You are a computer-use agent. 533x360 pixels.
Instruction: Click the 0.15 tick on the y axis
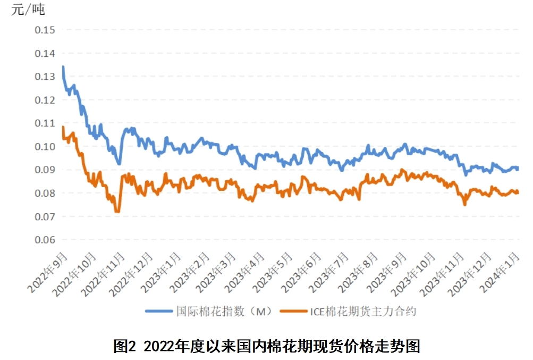click(45, 30)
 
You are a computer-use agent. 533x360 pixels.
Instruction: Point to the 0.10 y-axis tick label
click(45, 146)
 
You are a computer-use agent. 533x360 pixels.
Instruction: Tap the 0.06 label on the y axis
click(45, 240)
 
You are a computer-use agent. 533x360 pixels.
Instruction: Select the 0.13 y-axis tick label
click(45, 77)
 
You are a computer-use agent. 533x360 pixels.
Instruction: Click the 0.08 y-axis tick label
click(45, 193)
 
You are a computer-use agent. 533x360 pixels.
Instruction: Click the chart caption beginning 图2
click(267, 346)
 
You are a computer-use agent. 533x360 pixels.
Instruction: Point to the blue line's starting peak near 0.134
click(63, 67)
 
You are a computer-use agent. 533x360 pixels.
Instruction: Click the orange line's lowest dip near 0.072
click(117, 212)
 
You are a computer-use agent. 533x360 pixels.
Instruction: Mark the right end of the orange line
click(517, 192)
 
